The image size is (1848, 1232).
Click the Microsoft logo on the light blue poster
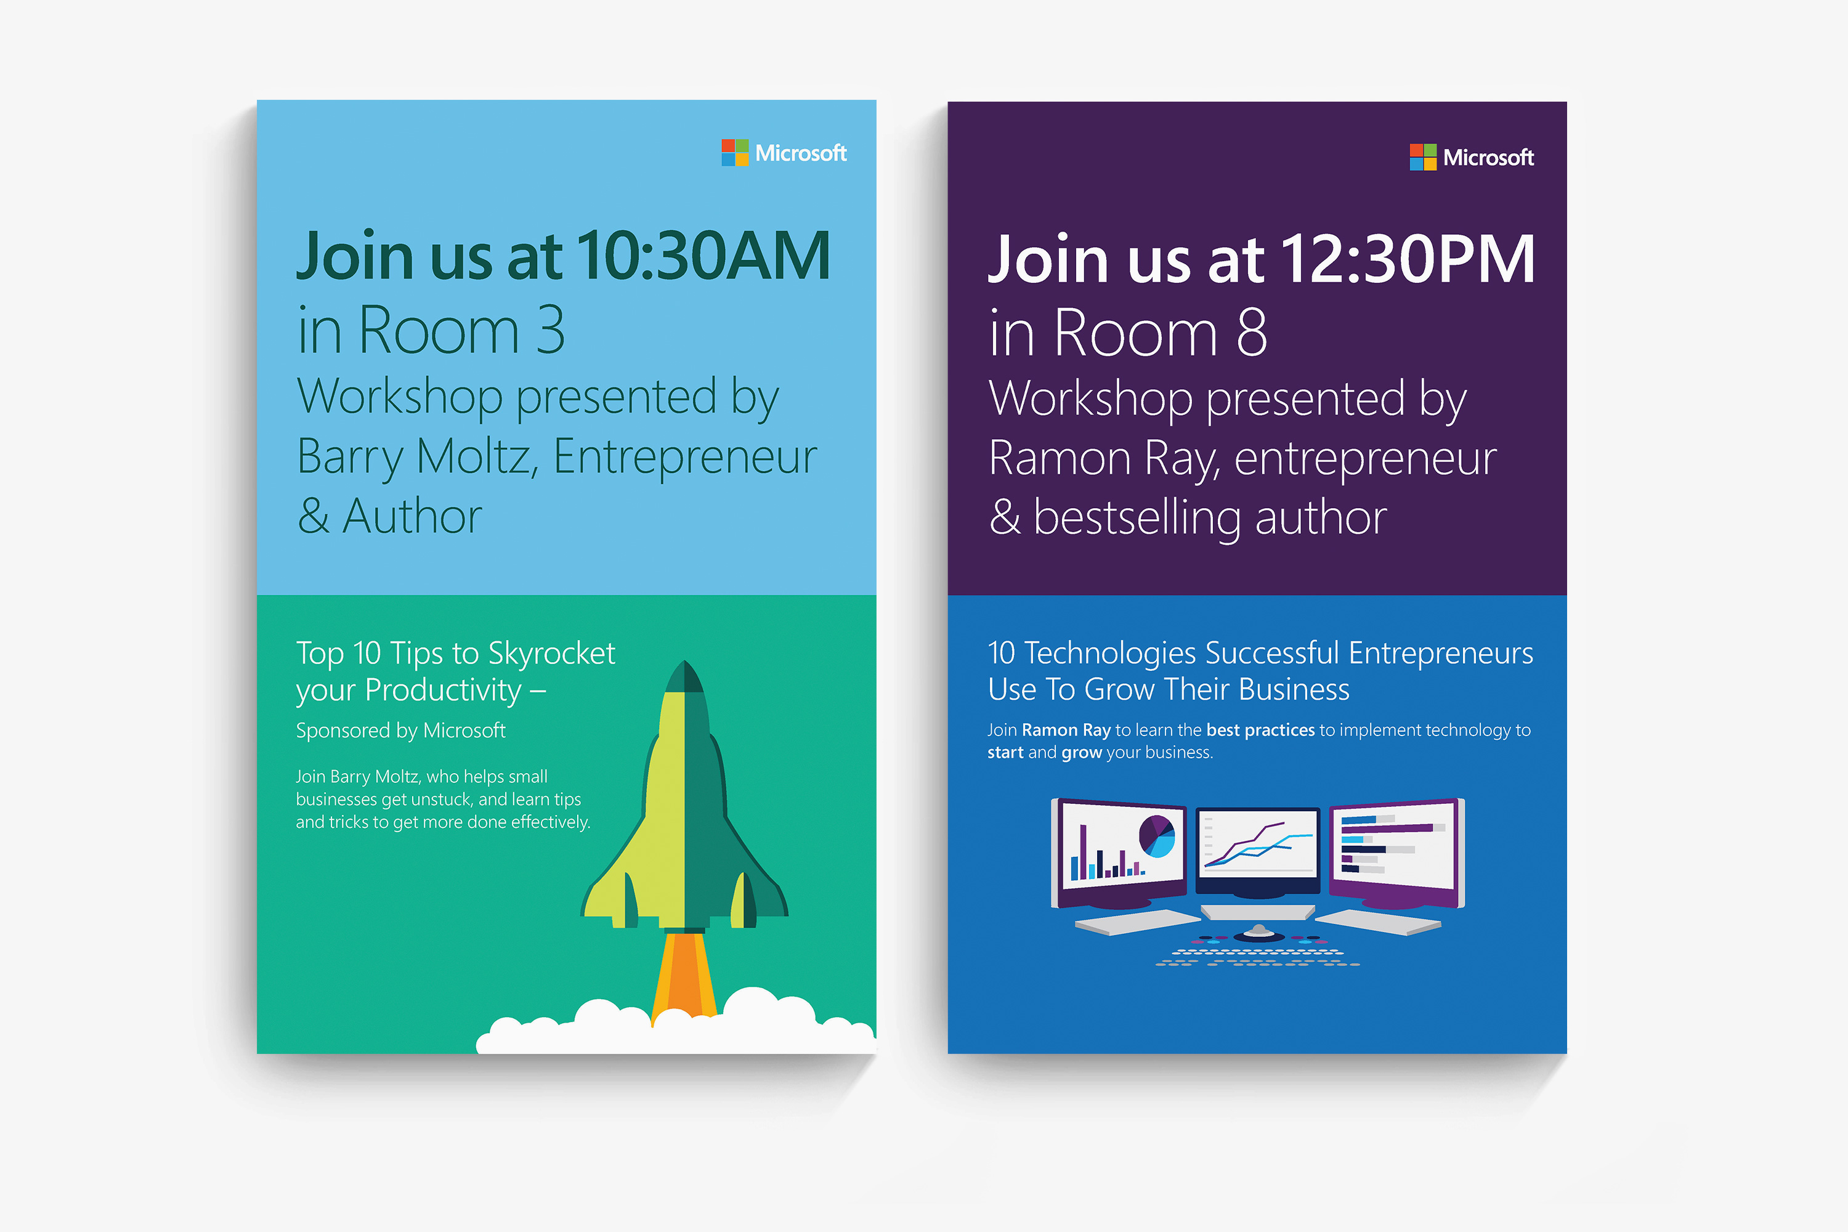[x=784, y=152]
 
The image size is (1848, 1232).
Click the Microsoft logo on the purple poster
[x=1472, y=157]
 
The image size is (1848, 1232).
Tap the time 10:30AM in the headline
[x=704, y=256]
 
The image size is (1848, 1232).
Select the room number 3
[x=551, y=330]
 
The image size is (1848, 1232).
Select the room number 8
[x=1252, y=333]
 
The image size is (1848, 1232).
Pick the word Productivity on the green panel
[x=443, y=691]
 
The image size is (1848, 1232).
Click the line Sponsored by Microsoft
[x=401, y=731]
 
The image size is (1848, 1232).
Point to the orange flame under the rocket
[x=684, y=975]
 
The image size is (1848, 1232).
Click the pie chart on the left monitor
[x=1157, y=835]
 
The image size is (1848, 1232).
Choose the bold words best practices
[x=1260, y=730]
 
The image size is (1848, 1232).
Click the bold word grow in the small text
[x=1082, y=753]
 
